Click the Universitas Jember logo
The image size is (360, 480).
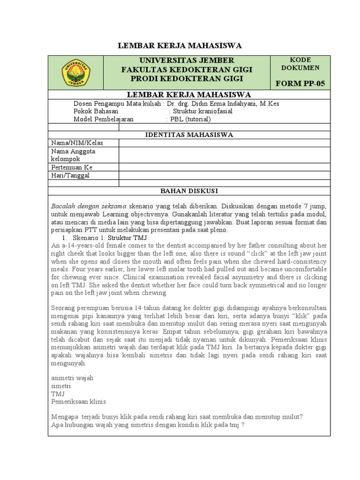coord(75,73)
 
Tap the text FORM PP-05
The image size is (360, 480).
coord(300,84)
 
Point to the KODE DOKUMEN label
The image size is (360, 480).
coord(300,64)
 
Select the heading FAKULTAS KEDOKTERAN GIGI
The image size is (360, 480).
coord(187,69)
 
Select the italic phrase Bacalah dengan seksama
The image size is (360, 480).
coord(89,207)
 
